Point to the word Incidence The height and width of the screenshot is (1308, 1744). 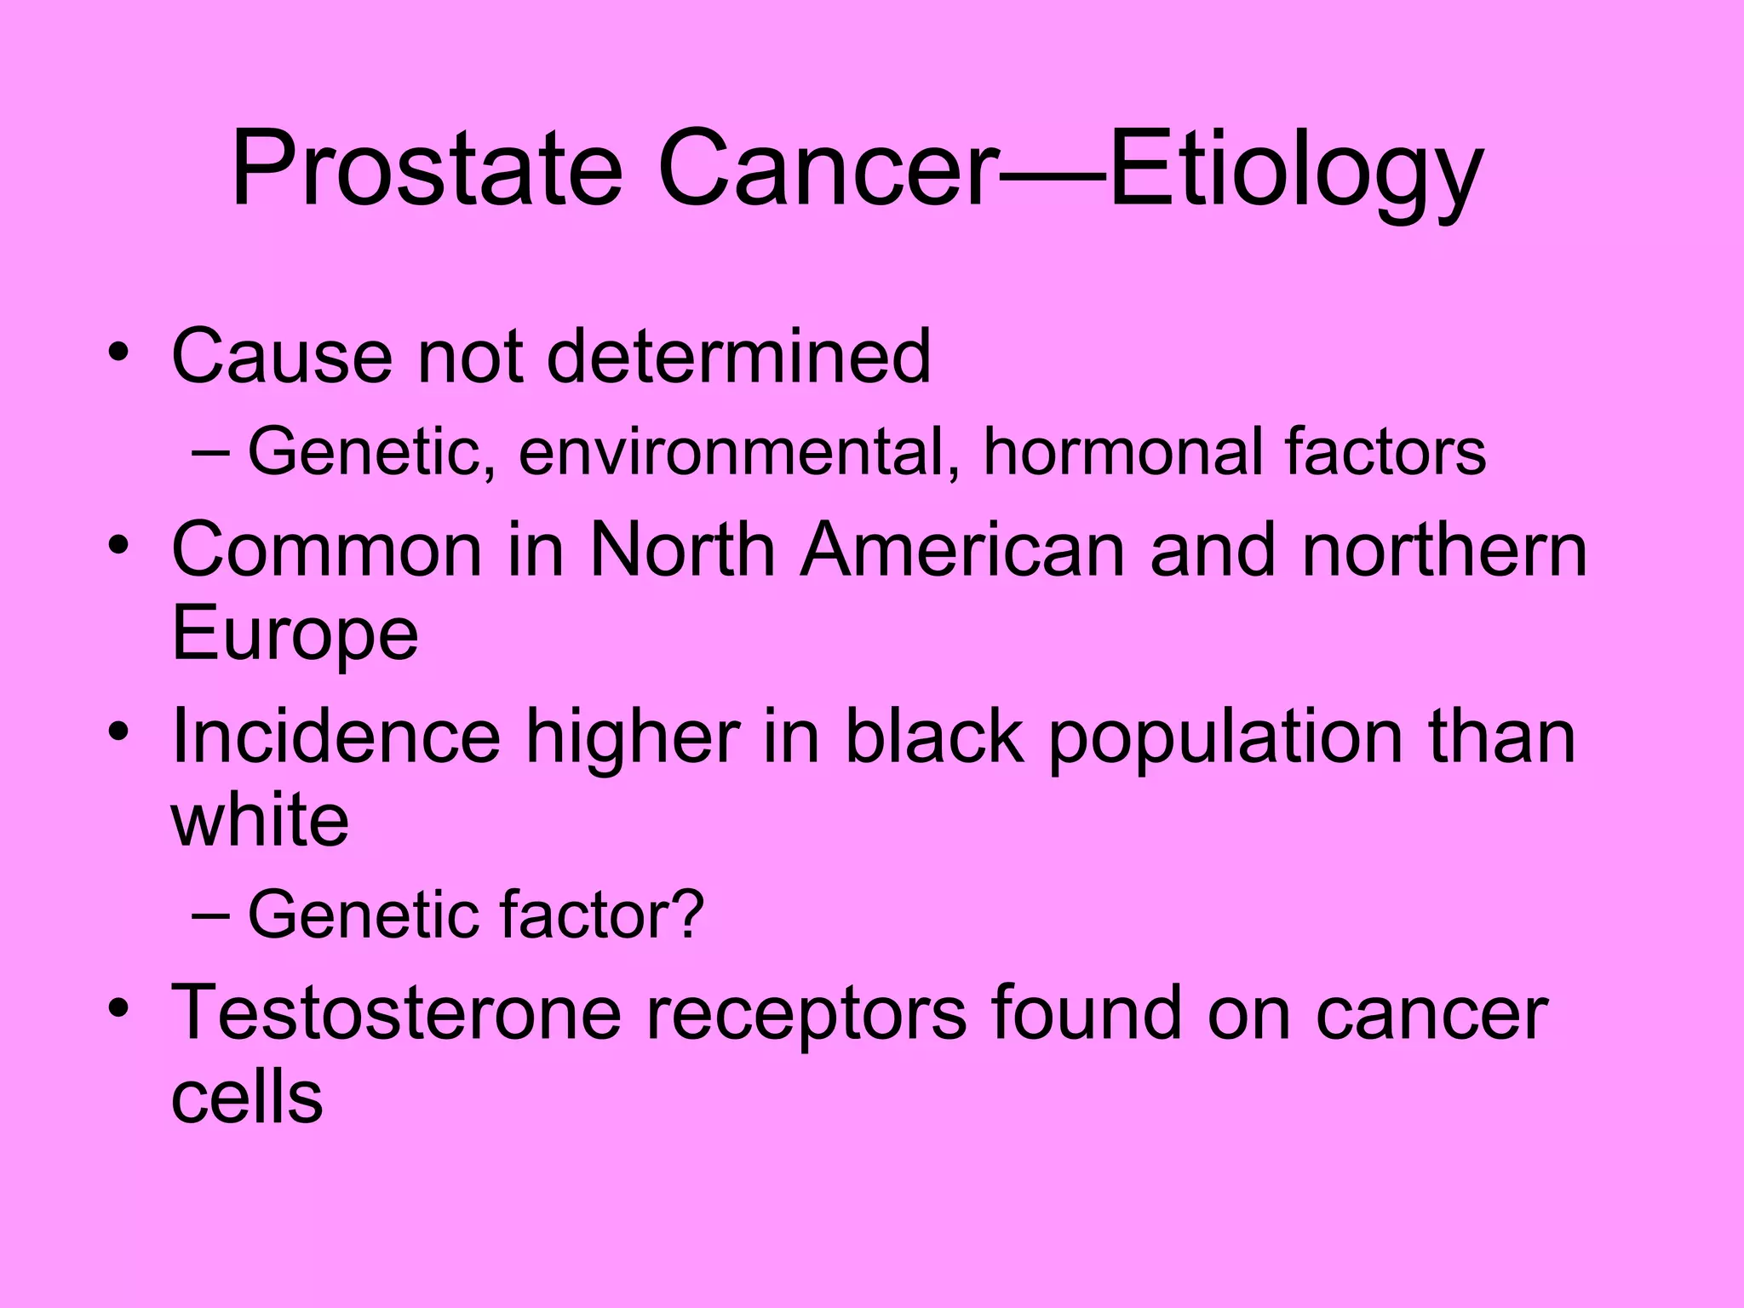pyautogui.click(x=336, y=737)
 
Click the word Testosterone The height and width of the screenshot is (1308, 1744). pyautogui.click(x=396, y=1013)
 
